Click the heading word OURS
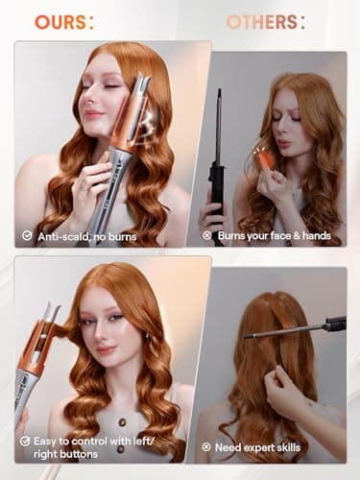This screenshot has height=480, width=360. pyautogui.click(x=59, y=21)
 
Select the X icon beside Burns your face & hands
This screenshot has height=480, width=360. pyautogui.click(x=204, y=233)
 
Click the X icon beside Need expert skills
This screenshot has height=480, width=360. pyautogui.click(x=204, y=447)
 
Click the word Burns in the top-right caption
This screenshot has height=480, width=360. pyautogui.click(x=233, y=233)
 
